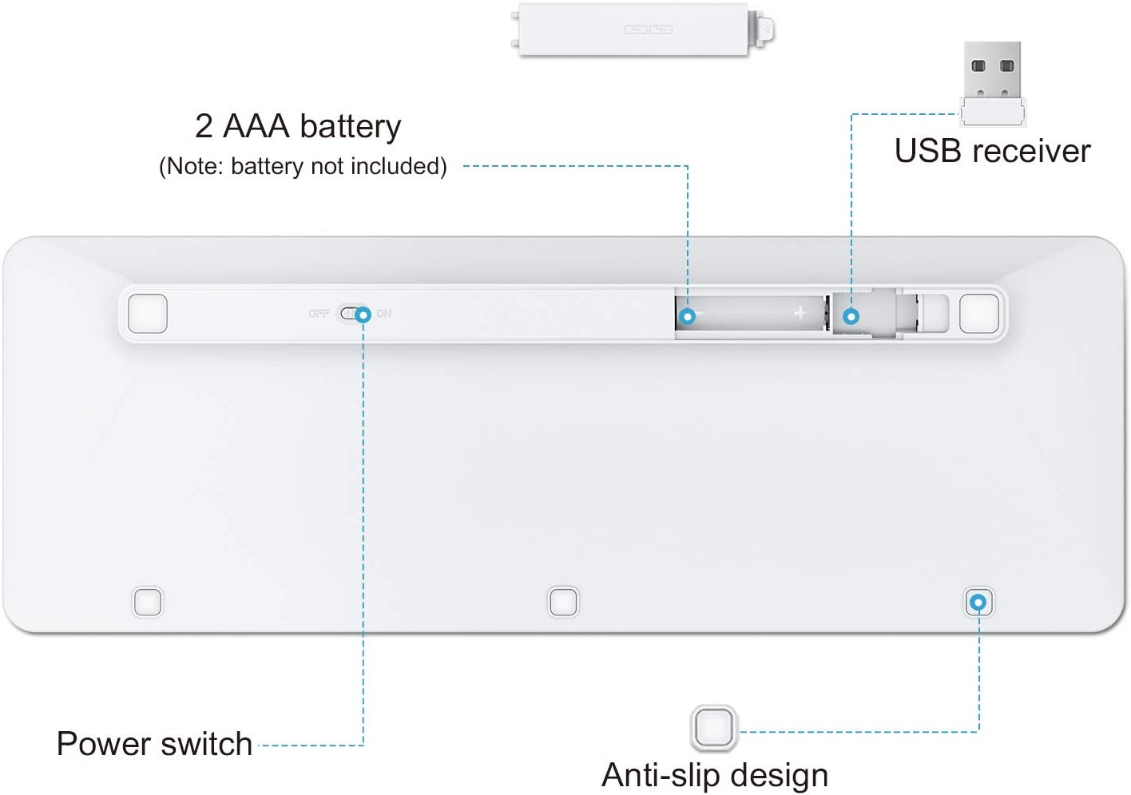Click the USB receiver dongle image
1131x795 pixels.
[993, 84]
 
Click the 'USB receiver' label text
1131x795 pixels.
[992, 151]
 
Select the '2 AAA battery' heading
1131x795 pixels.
[298, 126]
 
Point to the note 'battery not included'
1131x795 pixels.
[303, 166]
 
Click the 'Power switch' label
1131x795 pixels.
[154, 744]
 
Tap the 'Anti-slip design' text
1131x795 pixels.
[715, 775]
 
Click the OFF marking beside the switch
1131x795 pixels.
[319, 314]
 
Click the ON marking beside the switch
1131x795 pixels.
[384, 314]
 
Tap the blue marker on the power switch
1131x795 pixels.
[363, 314]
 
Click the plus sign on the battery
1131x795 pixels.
[800, 314]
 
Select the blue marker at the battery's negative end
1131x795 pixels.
[687, 317]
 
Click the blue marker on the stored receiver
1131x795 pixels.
[851, 317]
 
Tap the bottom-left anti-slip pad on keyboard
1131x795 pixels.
[147, 602]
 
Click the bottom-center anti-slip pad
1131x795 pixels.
[563, 602]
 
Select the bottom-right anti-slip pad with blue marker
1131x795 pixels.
[978, 602]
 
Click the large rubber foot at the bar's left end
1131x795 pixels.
[148, 314]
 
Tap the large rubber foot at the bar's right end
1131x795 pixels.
[979, 314]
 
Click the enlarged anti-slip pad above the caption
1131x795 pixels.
[713, 727]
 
